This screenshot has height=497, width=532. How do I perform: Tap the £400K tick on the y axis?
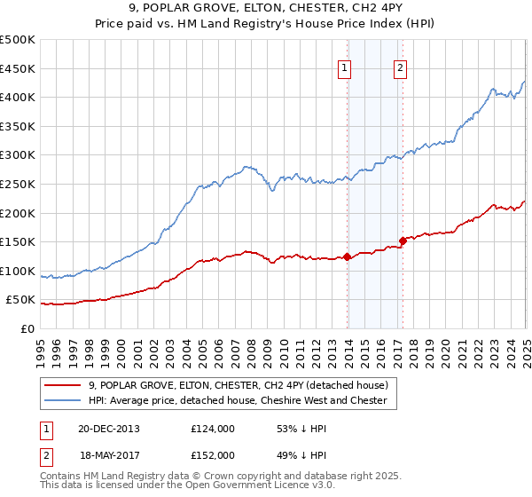pos(19,97)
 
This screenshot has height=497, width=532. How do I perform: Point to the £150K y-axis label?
pos(19,241)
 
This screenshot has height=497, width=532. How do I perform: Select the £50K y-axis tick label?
pos(21,300)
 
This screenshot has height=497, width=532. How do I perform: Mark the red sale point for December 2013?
pos(347,257)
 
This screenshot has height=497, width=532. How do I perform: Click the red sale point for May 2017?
pos(403,241)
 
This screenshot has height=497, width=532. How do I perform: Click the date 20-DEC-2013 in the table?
pos(108,429)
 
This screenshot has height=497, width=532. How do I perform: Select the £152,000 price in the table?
pos(212,454)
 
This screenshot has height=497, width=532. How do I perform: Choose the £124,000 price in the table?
pos(212,429)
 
